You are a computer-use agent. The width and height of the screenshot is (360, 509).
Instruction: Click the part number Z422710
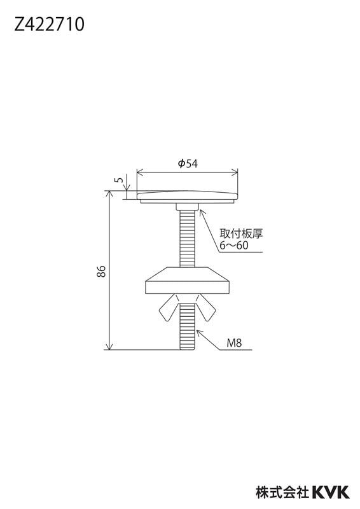point(49,24)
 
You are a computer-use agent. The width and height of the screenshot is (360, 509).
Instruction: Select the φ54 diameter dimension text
point(188,164)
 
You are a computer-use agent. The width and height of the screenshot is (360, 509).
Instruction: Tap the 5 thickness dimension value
point(120,179)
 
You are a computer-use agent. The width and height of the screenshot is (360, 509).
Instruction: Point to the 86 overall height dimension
point(101,271)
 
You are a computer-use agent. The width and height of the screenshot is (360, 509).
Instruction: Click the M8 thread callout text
point(234,343)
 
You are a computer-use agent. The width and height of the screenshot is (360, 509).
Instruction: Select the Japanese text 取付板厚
point(241,234)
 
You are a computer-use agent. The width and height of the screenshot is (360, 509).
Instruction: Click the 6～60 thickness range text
point(233,245)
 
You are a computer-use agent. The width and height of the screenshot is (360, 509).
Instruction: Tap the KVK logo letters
point(331,492)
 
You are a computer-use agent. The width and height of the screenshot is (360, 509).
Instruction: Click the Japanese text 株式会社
point(282,492)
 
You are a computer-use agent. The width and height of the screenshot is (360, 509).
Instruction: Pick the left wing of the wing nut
point(169,307)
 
